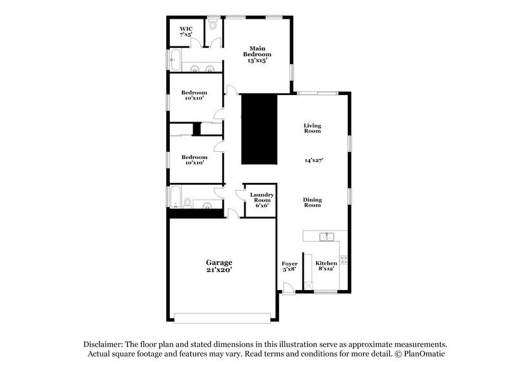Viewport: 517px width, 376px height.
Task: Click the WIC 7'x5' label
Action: [x=186, y=31]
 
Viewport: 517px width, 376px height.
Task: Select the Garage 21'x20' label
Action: [x=219, y=266]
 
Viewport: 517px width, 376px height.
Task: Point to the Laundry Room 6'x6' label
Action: [x=262, y=200]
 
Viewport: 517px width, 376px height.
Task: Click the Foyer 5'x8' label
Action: [x=290, y=266]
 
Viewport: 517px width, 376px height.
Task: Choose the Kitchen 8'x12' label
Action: [x=326, y=266]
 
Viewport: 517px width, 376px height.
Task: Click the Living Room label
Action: [x=313, y=128]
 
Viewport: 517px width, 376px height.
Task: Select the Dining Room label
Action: [x=313, y=202]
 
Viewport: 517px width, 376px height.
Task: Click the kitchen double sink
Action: [x=326, y=236]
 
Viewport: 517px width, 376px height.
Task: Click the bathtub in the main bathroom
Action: [x=173, y=60]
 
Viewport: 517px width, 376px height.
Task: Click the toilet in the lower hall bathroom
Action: [x=187, y=203]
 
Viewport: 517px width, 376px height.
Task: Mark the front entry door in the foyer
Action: [x=288, y=288]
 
